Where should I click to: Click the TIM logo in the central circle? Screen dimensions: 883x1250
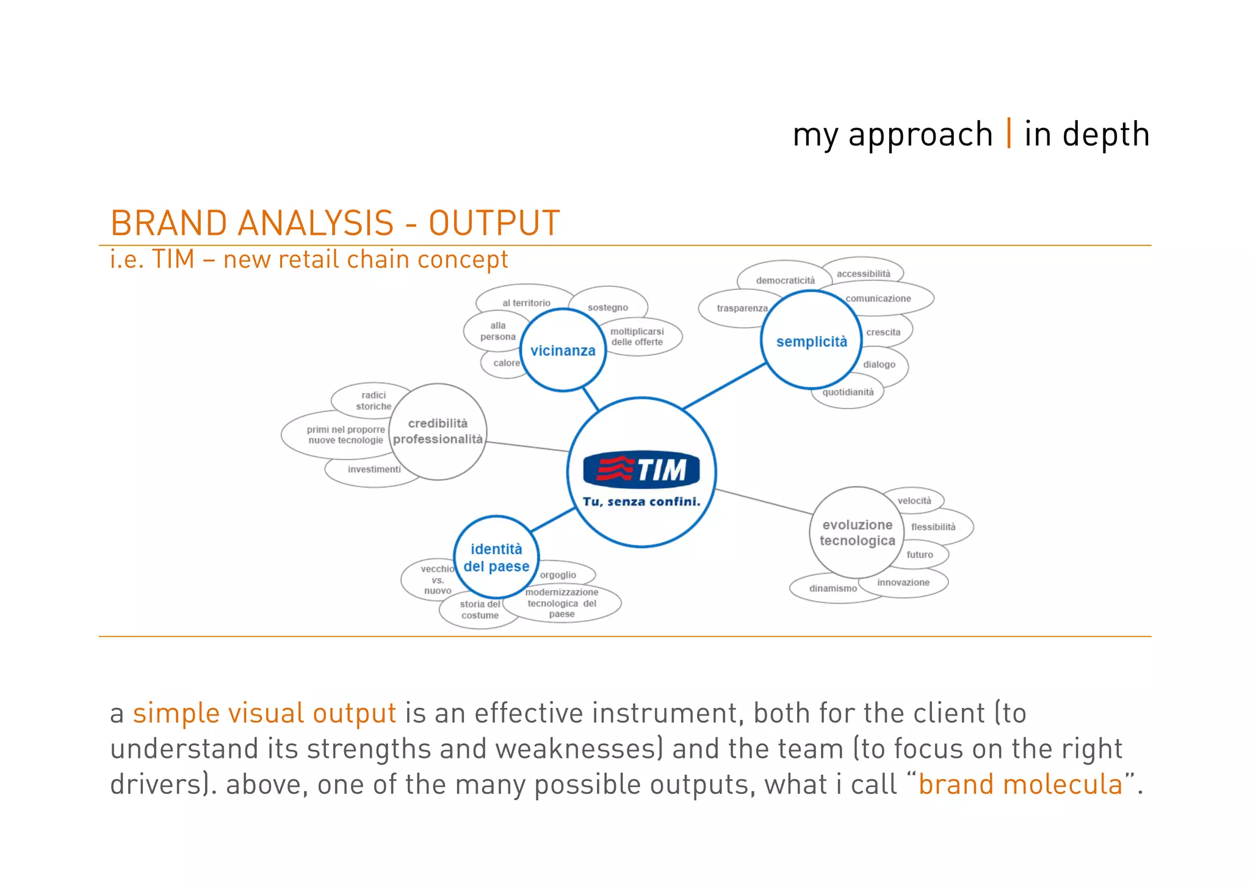641,470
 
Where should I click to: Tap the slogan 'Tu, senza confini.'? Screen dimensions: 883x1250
641,502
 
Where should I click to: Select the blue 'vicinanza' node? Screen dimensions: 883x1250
563,350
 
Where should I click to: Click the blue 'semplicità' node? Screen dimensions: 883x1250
811,341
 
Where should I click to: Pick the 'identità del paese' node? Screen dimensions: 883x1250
496,557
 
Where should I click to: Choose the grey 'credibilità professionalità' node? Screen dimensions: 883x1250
438,431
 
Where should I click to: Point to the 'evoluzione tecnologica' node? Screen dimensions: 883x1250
857,532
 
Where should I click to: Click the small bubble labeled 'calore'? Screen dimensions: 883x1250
506,363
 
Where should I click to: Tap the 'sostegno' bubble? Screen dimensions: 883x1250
608,308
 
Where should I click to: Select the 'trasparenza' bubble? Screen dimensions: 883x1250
742,308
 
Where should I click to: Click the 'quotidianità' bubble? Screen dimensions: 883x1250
848,392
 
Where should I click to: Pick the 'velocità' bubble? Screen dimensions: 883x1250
914,500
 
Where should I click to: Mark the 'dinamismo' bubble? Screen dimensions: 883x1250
833,588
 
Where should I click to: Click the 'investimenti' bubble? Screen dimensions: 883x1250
374,469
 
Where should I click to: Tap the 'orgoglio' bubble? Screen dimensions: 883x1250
558,575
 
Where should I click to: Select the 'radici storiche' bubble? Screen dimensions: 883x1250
373,400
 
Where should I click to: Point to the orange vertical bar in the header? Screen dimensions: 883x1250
1009,134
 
